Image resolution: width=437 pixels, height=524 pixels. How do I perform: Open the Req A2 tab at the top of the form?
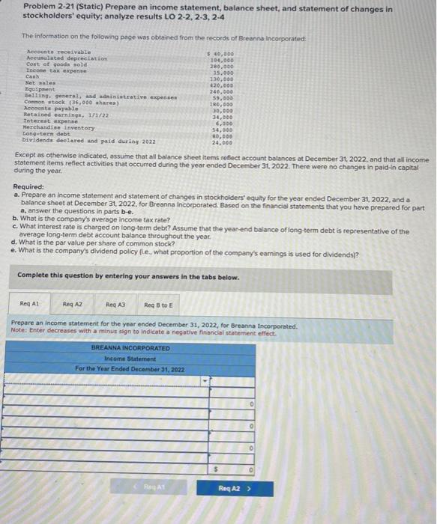[x=73, y=305]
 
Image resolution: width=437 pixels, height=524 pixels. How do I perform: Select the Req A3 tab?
[x=116, y=305]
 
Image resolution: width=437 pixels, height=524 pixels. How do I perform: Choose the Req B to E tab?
[x=158, y=305]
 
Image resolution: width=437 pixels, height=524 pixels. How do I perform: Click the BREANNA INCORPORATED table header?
[x=130, y=348]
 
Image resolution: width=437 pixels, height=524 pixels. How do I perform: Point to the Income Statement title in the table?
[x=130, y=359]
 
